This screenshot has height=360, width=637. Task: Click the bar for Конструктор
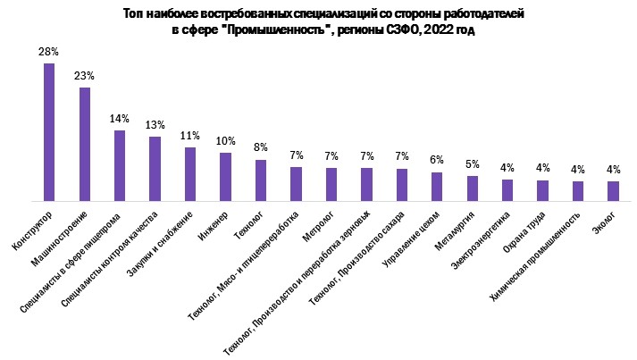coord(49,132)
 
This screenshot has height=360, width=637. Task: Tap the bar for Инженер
coord(225,177)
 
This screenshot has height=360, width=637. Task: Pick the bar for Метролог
coord(331,184)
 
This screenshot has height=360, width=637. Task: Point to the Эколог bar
coord(613,191)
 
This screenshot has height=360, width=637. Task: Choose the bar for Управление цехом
coord(437,187)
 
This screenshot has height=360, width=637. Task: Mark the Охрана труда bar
coord(542,190)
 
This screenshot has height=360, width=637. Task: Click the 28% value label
coord(49,53)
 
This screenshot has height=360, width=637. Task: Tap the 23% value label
coord(84,77)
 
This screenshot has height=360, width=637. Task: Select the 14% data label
coord(120,119)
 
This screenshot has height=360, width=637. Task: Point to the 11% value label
coord(190,136)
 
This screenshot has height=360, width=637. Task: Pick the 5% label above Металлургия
coord(473,164)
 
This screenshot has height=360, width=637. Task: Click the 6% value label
coord(437,161)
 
